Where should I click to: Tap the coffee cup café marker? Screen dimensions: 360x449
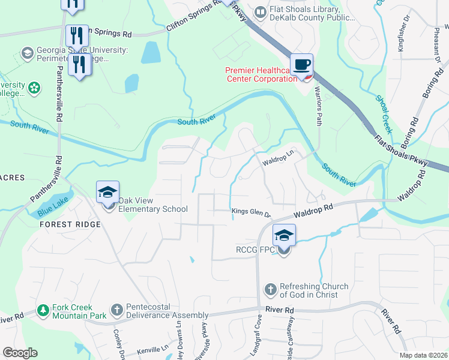click(x=301, y=65)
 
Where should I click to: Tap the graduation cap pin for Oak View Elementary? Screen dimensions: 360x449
click(x=108, y=194)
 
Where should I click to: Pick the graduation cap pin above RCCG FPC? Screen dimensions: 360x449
click(x=284, y=236)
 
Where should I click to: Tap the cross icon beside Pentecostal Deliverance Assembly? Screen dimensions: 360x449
click(x=117, y=310)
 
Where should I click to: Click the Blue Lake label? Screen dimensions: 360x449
click(x=52, y=209)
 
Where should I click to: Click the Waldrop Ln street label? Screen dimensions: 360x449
click(x=277, y=158)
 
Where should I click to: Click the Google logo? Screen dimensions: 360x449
click(x=20, y=353)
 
